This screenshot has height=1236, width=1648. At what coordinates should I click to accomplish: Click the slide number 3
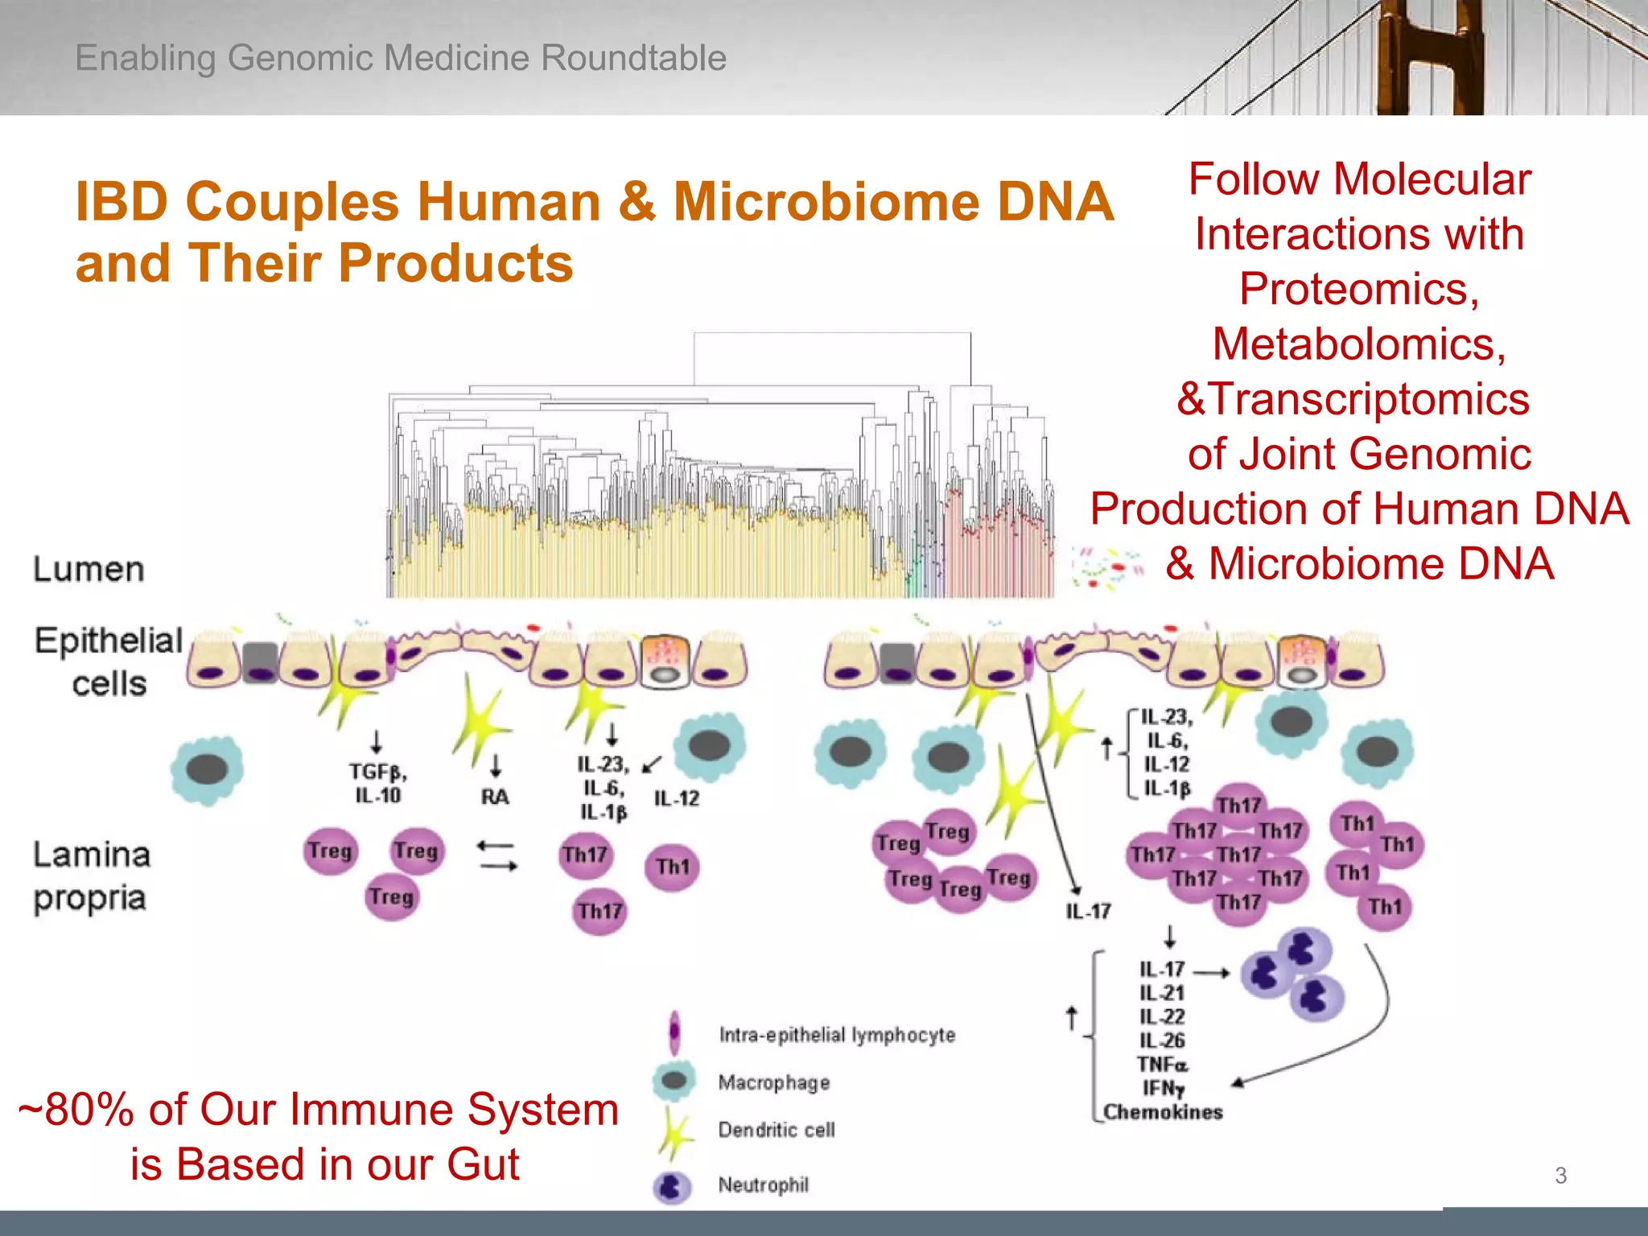click(x=1560, y=1176)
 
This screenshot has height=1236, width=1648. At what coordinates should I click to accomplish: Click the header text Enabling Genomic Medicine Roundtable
click(x=400, y=58)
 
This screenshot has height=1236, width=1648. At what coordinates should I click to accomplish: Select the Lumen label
click(x=89, y=570)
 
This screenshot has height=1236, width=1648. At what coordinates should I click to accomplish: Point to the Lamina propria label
click(x=91, y=876)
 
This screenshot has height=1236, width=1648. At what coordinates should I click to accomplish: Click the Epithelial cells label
click(x=109, y=661)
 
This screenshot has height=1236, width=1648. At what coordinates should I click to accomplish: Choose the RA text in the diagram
click(x=495, y=797)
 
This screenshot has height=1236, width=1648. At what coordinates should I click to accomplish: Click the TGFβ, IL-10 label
click(x=377, y=783)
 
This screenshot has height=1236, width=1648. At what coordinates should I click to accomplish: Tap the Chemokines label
click(x=1163, y=1112)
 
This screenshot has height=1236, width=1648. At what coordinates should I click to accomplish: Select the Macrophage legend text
click(x=773, y=1082)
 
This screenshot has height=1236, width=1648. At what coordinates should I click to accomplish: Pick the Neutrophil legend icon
click(x=672, y=1186)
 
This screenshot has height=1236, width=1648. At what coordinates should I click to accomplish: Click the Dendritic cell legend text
click(x=776, y=1130)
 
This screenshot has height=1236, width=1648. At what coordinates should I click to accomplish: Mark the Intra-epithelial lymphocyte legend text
click(x=837, y=1035)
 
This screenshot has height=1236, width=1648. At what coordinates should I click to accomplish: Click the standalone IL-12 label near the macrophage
click(x=676, y=798)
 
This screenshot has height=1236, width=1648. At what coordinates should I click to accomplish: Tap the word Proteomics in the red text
click(x=1358, y=289)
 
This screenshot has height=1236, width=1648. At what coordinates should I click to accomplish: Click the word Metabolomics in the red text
click(x=1358, y=344)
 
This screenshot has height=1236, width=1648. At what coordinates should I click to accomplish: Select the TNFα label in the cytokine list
click(x=1162, y=1065)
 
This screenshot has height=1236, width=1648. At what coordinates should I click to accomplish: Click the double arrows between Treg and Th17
click(x=496, y=855)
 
